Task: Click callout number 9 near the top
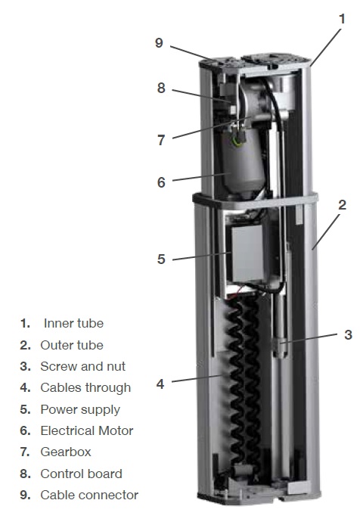tap(159, 43)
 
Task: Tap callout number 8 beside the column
tap(161, 88)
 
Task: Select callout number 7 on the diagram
tap(161, 140)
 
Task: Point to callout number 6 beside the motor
tap(161, 182)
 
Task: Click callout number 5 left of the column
tap(161, 259)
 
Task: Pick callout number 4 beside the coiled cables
tap(160, 384)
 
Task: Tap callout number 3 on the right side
tap(349, 334)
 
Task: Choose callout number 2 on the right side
tap(342, 204)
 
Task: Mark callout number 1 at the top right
tap(342, 19)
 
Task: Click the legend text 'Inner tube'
tap(73, 324)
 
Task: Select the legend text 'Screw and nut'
tap(82, 366)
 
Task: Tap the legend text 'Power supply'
tap(80, 410)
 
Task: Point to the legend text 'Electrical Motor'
tap(87, 430)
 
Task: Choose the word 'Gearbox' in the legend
tap(66, 452)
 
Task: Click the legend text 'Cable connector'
tap(89, 495)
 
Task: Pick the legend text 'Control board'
tap(81, 474)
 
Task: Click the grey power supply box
tap(247, 253)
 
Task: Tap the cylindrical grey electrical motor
tap(243, 164)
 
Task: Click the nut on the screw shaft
tap(281, 347)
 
